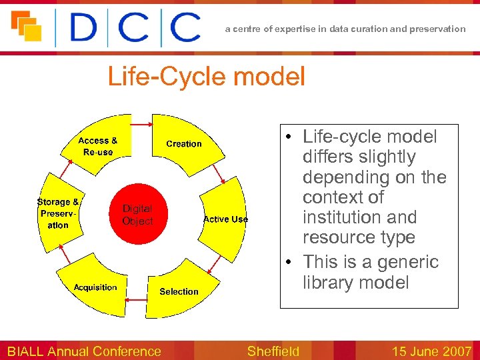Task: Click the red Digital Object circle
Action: (137, 215)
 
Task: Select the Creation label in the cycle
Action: (183, 143)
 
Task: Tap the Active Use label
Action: (225, 219)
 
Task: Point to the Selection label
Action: (179, 291)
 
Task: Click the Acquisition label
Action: (95, 287)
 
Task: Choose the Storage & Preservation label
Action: (58, 213)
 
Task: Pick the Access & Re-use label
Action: (97, 146)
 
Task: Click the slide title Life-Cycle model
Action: (206, 77)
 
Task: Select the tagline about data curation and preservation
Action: (345, 29)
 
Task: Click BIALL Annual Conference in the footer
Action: (84, 351)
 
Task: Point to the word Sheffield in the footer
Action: (273, 351)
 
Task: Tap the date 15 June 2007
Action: (431, 351)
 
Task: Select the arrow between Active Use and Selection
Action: (213, 267)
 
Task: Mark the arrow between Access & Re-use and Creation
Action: (141, 124)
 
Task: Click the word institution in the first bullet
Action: (359, 217)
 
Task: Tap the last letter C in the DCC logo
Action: (185, 27)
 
